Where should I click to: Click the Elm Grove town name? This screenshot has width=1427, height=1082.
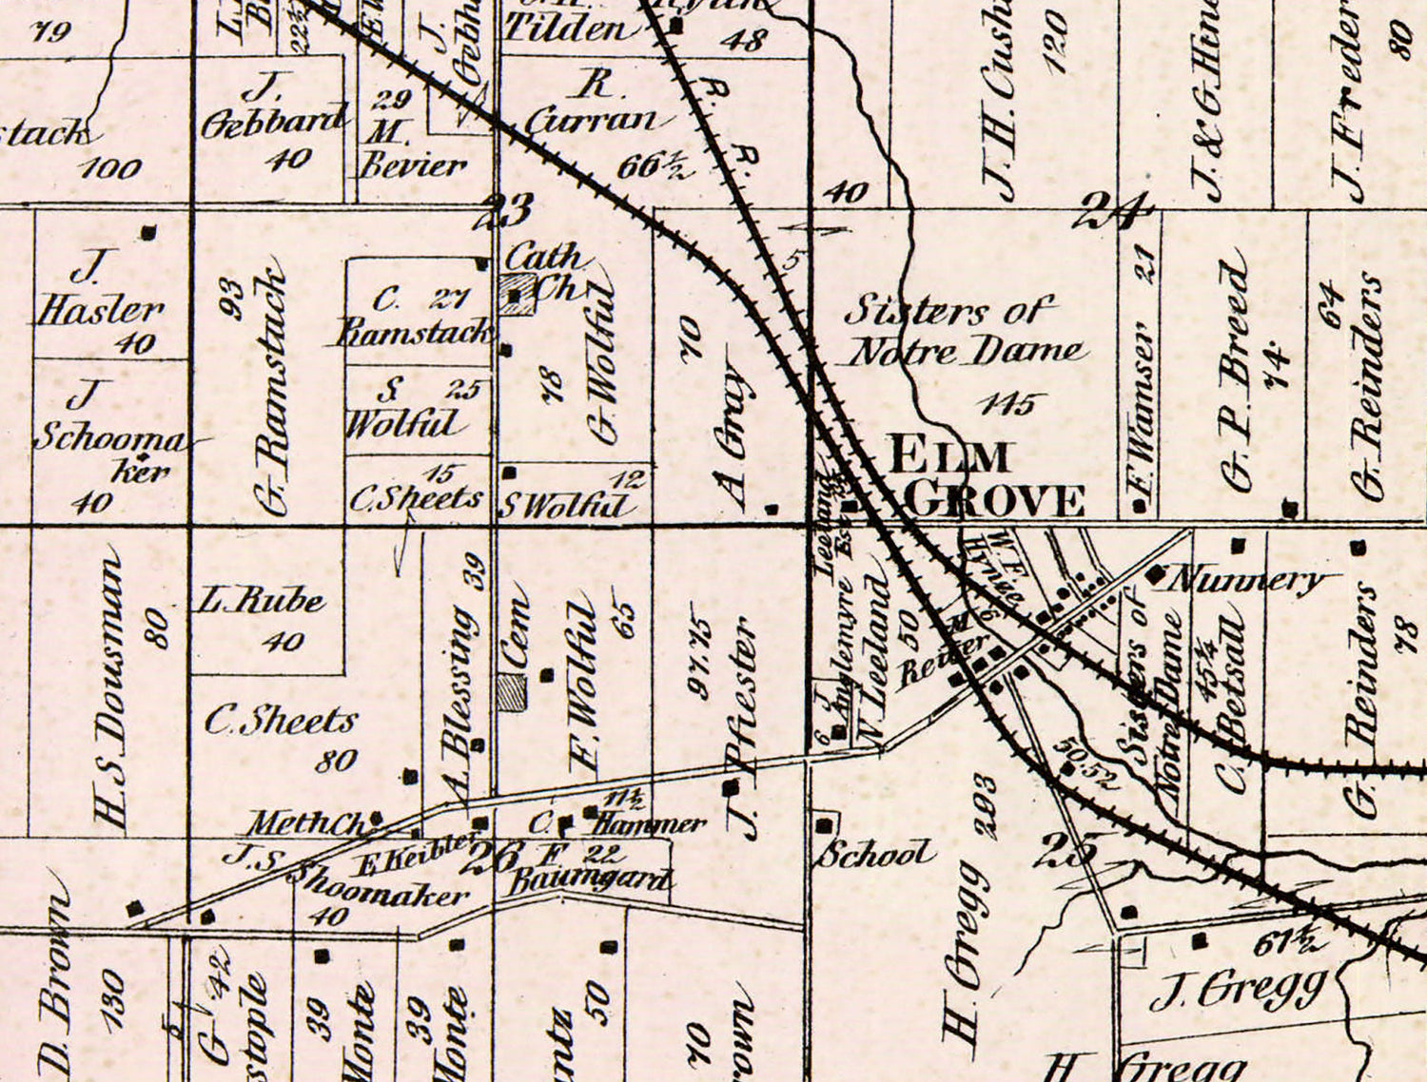point(985,478)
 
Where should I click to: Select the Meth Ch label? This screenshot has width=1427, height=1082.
point(304,822)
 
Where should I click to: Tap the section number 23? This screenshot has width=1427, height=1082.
point(508,209)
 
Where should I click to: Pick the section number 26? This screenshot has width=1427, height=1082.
point(492,857)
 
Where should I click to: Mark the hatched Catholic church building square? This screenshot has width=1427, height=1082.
point(517,294)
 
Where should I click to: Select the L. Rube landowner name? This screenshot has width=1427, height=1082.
point(263,600)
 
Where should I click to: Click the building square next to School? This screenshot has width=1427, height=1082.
point(826,823)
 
